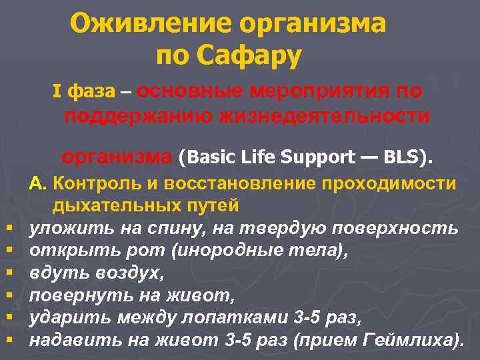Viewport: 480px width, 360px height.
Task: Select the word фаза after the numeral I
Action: (88, 91)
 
